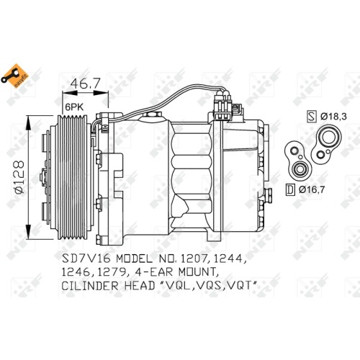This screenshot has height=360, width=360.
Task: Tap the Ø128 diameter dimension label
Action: [19, 177]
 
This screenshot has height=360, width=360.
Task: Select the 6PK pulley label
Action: [75, 107]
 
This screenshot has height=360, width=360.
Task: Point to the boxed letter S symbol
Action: [312, 116]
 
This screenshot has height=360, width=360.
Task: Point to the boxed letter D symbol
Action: [291, 189]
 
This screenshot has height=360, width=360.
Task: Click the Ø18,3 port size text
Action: [333, 117]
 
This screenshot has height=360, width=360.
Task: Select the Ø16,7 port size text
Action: [312, 190]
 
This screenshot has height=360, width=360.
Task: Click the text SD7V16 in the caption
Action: [86, 258]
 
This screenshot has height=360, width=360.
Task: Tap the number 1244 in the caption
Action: [230, 258]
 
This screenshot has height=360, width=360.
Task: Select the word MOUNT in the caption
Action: [198, 272]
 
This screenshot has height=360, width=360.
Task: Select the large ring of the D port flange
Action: [299, 169]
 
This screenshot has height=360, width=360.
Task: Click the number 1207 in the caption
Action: [194, 258]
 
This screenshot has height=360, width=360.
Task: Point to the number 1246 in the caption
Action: [76, 272]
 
